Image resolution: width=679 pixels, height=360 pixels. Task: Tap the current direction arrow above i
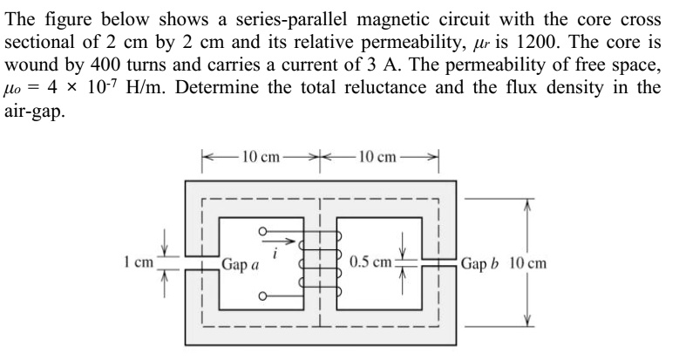coord(281,237)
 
